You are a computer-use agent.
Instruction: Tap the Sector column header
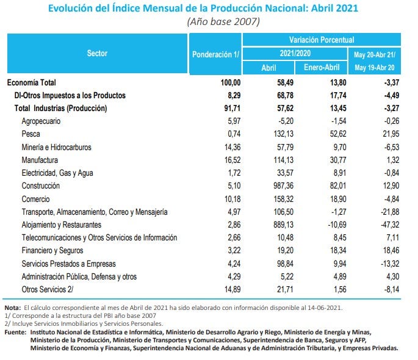pyautogui.click(x=97, y=54)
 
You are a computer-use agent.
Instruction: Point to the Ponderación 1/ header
pyautogui.click(x=217, y=54)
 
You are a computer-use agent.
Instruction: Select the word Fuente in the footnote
pyautogui.click(x=15, y=332)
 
